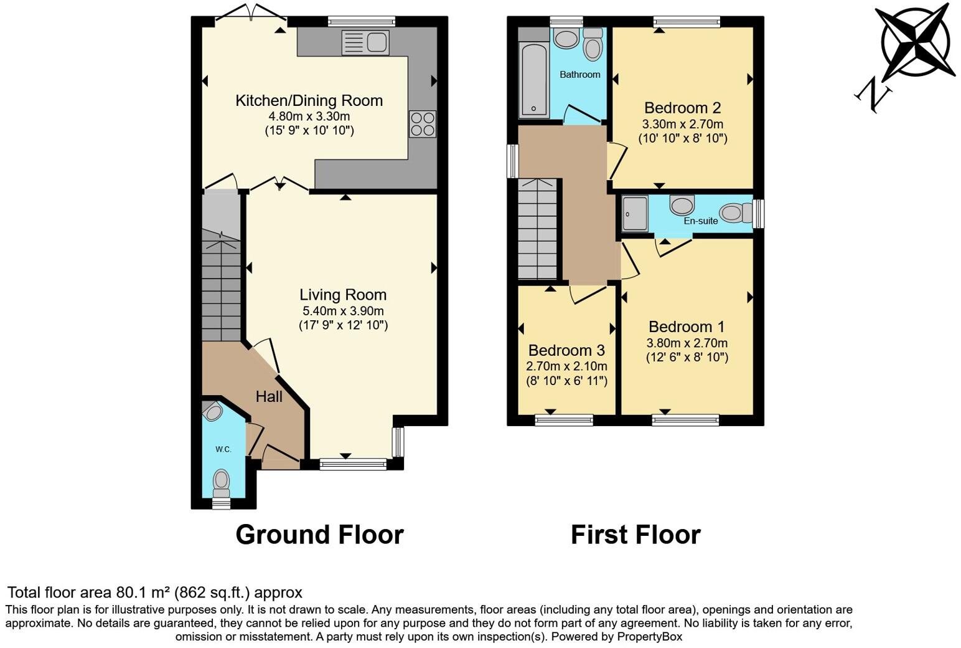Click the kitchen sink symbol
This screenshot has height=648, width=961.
(x=365, y=42)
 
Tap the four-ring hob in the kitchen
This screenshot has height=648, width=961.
(x=422, y=123)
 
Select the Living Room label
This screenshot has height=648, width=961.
(x=343, y=295)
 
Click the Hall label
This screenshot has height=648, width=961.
(x=269, y=396)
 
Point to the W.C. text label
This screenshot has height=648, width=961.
(x=223, y=449)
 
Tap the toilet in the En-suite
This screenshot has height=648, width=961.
(x=734, y=213)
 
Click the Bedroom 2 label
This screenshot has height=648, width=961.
(x=683, y=107)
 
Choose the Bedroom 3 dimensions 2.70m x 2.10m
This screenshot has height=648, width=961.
(x=566, y=366)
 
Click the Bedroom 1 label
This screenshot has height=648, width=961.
(x=687, y=326)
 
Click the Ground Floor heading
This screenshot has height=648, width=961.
(x=319, y=535)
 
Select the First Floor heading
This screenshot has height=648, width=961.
(x=635, y=535)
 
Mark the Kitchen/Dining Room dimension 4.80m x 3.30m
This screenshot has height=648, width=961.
(x=309, y=117)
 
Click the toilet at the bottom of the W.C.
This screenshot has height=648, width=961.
(x=221, y=480)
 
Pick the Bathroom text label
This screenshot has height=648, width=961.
(x=579, y=74)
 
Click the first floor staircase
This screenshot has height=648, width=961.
(x=538, y=229)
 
